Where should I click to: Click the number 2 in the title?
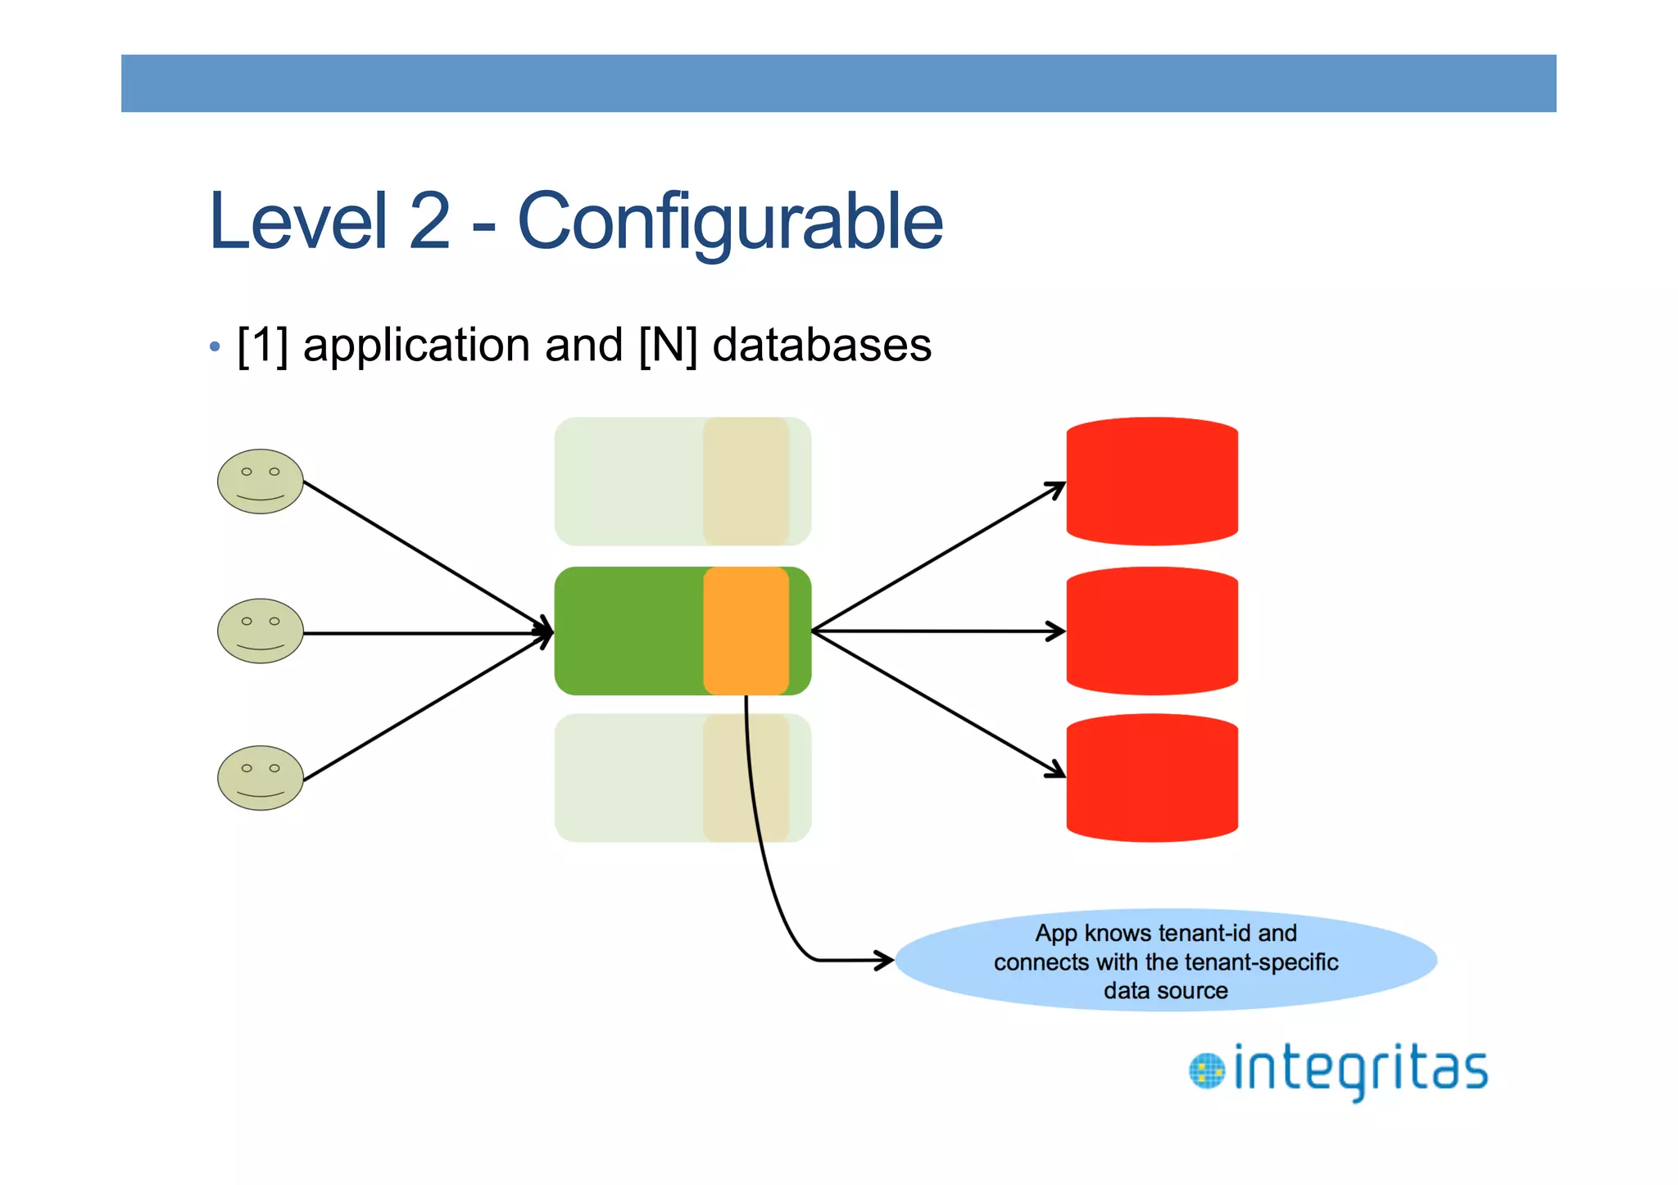(429, 221)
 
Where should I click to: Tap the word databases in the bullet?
(822, 345)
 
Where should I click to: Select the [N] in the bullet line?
(668, 345)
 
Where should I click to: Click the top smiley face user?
(261, 482)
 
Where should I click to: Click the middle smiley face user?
(261, 631)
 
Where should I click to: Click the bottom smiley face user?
(261, 778)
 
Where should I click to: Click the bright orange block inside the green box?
(746, 631)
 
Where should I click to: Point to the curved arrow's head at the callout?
(887, 960)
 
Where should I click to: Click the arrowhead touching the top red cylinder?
(1058, 488)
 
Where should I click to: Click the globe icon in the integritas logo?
(1207, 1071)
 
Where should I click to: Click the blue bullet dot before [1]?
(215, 346)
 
